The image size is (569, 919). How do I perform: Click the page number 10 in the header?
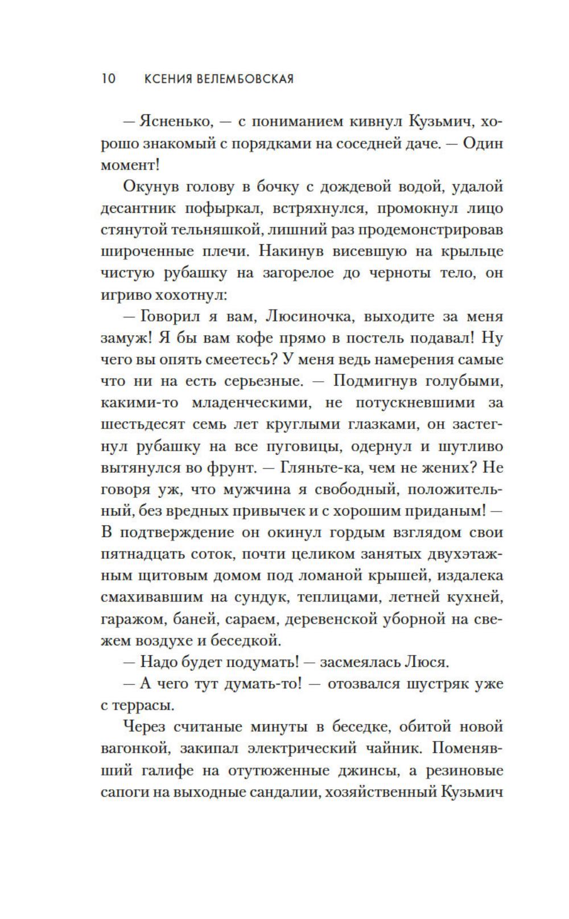108,79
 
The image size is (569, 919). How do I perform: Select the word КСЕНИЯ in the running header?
167,79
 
